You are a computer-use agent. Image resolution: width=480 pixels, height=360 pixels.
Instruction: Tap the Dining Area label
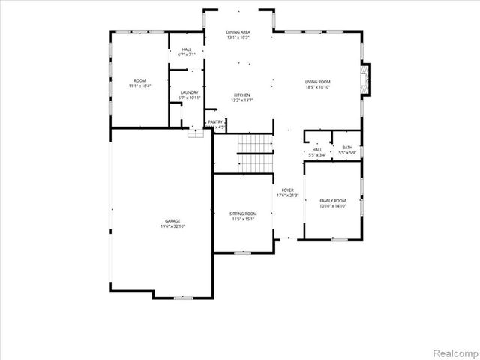coord(238,32)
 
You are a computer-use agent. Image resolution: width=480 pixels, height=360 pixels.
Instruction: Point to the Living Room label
coord(317,81)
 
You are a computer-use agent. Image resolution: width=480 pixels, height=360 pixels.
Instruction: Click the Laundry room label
coord(189,92)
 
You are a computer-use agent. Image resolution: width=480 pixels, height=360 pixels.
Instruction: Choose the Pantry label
coord(215,121)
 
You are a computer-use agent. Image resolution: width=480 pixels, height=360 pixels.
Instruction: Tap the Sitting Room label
coord(242,214)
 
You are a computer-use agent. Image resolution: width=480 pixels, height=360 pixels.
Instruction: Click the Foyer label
coord(287,190)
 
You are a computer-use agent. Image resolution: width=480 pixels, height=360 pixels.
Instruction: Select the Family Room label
coord(333,200)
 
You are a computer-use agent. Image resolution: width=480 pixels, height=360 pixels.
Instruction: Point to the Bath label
coord(346,148)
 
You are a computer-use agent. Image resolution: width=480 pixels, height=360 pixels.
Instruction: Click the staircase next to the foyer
coord(254,154)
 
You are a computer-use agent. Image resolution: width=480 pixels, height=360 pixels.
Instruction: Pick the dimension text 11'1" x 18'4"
coord(139,86)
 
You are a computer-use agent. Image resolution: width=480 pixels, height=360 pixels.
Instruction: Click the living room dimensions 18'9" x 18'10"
coord(317,87)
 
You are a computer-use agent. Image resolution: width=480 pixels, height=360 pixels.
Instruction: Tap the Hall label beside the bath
coord(317,149)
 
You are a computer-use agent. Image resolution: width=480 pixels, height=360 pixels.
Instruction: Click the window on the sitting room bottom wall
coord(242,253)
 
